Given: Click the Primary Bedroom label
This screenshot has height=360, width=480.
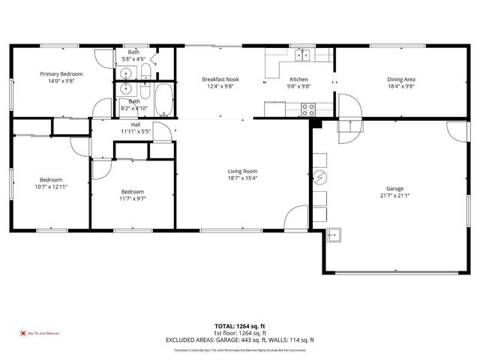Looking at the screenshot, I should [61, 74].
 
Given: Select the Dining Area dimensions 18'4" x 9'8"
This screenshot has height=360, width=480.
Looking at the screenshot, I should [400, 87].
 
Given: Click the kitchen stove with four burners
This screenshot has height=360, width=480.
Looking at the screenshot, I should [307, 108].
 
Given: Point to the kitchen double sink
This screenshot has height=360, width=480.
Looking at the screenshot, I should [302, 55].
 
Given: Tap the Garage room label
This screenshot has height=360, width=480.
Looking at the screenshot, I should [395, 188].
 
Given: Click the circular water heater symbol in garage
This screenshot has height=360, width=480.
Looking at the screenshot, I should [320, 178].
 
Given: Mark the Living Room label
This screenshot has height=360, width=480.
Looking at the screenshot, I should [242, 171].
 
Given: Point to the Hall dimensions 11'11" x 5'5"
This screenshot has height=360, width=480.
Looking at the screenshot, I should [136, 132].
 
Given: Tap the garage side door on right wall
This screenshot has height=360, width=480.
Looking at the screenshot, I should [453, 128].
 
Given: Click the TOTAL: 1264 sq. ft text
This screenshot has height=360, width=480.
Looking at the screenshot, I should [240, 326].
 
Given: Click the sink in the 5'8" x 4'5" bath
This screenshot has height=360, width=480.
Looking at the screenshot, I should [126, 73].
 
